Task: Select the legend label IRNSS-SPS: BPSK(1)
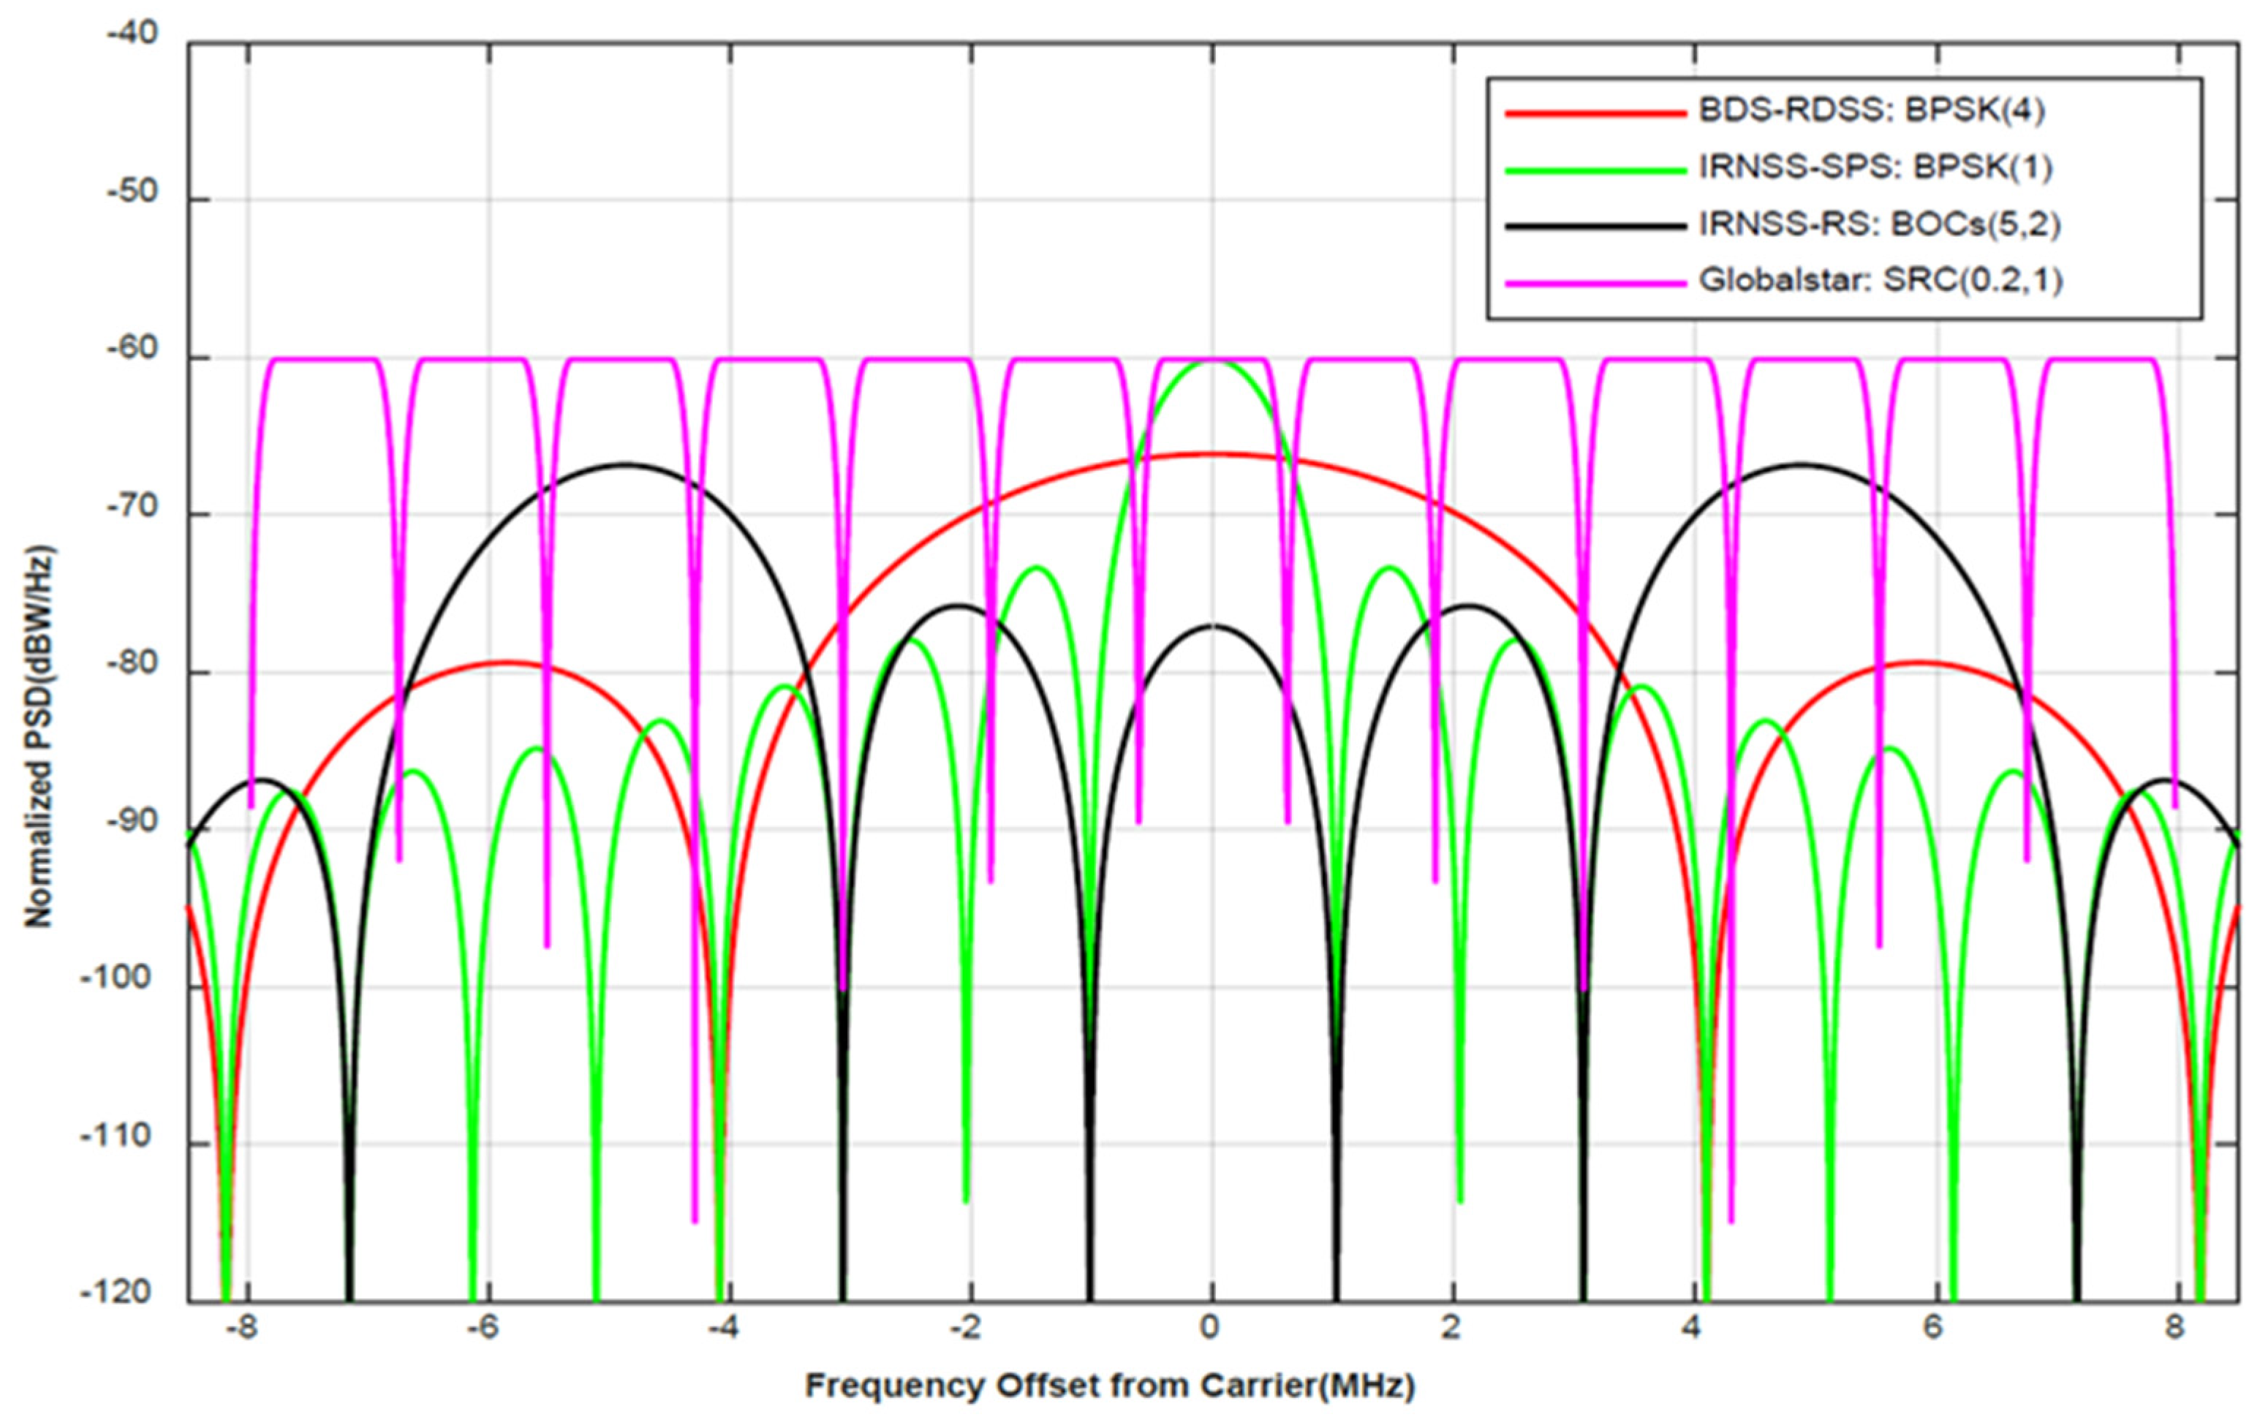[x=1875, y=167]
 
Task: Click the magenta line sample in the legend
[x=1595, y=282]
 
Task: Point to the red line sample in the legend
[x=1595, y=113]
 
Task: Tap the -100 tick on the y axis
[x=125, y=980]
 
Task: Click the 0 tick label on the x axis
[x=1209, y=1328]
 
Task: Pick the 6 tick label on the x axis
[x=1932, y=1328]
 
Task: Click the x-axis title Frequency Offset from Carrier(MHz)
[x=1110, y=1386]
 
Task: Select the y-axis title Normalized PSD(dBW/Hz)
[x=38, y=736]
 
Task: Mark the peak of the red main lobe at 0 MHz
[x=1212, y=454]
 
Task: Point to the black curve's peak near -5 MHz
[x=624, y=464]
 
